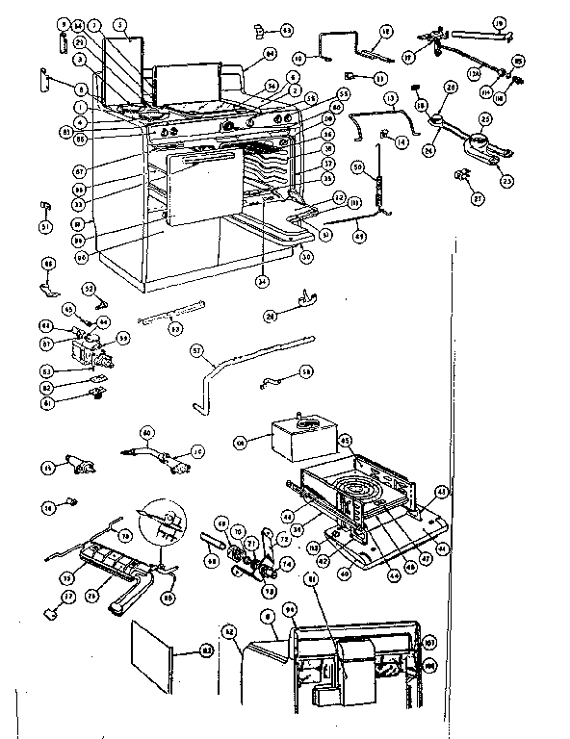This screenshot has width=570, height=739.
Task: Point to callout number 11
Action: (x=379, y=76)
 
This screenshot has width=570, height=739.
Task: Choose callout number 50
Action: (x=357, y=166)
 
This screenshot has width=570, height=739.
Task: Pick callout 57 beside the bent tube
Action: (x=196, y=350)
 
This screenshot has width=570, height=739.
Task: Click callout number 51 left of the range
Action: (x=44, y=226)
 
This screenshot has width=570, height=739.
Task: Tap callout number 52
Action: (x=89, y=288)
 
